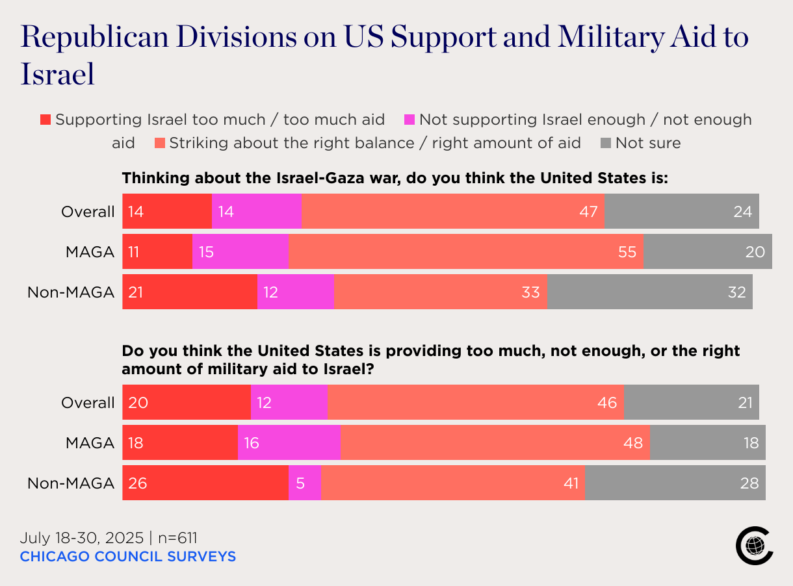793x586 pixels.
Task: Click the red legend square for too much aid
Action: point(45,120)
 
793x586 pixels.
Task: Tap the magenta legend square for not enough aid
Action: point(409,120)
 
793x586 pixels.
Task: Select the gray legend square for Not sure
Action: point(606,144)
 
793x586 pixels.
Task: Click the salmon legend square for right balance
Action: point(159,144)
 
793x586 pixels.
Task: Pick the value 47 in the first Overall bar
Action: point(588,212)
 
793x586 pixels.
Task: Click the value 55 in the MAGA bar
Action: point(627,252)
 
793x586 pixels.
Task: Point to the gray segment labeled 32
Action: point(649,292)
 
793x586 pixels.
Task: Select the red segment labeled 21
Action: point(190,292)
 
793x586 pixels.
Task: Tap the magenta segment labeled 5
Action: point(304,483)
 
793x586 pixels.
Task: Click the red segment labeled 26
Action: point(205,483)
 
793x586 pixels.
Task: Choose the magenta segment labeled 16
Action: point(289,443)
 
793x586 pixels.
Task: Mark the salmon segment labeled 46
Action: point(475,403)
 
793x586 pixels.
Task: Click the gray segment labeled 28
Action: point(675,483)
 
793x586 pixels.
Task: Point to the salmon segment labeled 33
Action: point(440,292)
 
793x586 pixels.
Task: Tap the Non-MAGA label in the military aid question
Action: point(71,483)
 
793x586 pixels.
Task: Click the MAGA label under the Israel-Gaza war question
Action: point(90,252)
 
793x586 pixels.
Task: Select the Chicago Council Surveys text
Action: point(127,557)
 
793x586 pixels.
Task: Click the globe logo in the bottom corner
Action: point(754,546)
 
